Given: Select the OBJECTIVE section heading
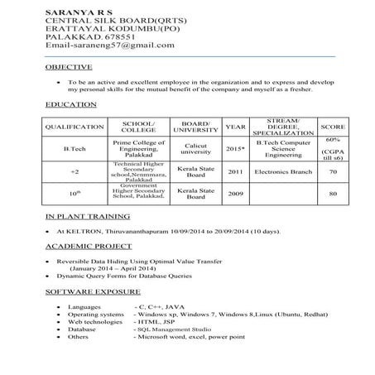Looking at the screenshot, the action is (x=69, y=66).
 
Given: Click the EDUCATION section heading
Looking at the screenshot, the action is (x=70, y=105).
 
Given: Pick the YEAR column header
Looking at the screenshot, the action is (x=235, y=127).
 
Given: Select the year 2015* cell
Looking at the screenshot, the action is (x=235, y=148).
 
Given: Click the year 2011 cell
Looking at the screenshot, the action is (x=235, y=172).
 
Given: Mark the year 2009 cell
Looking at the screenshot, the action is (x=235, y=193).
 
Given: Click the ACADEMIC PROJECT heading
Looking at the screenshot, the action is (x=89, y=248).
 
